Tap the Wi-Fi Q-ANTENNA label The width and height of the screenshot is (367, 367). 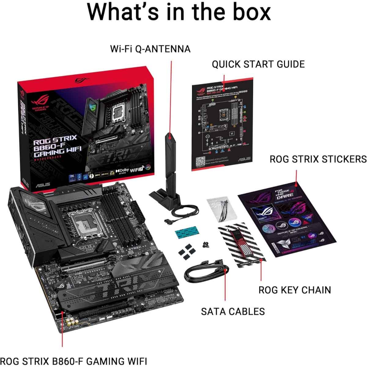pyautogui.click(x=150, y=49)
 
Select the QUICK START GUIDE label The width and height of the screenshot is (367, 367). pyautogui.click(x=258, y=64)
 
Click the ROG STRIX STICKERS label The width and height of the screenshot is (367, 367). pyautogui.click(x=318, y=159)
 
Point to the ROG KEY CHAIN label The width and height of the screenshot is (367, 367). pyautogui.click(x=295, y=290)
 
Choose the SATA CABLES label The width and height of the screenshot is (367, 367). pyautogui.click(x=233, y=311)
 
